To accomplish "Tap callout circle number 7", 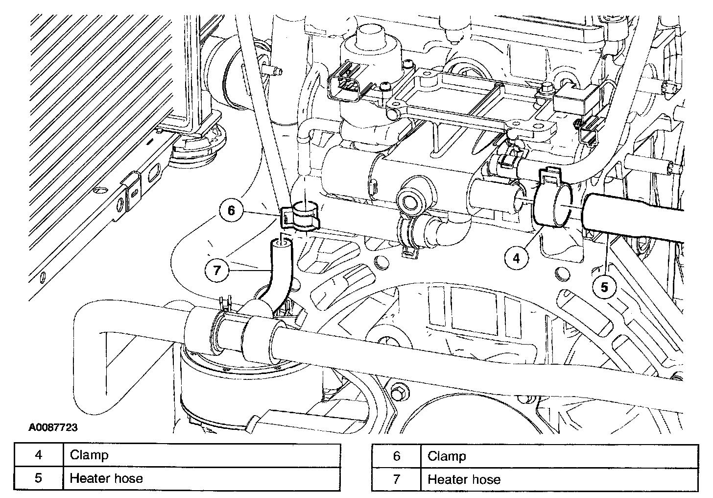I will (x=216, y=269).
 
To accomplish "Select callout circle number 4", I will (x=517, y=257).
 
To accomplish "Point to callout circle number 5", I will (x=604, y=287).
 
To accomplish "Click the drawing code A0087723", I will (x=53, y=427).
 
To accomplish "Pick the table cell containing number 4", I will (x=38, y=455).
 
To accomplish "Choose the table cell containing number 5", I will (x=38, y=478).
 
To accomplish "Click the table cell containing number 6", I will (x=396, y=456).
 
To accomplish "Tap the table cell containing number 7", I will (x=396, y=479).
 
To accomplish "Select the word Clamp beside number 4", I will (x=89, y=455).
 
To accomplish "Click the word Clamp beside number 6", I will (x=447, y=456).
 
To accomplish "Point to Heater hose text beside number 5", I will (x=106, y=478).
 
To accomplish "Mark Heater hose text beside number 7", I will (x=464, y=479).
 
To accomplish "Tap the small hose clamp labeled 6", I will (x=300, y=217).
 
